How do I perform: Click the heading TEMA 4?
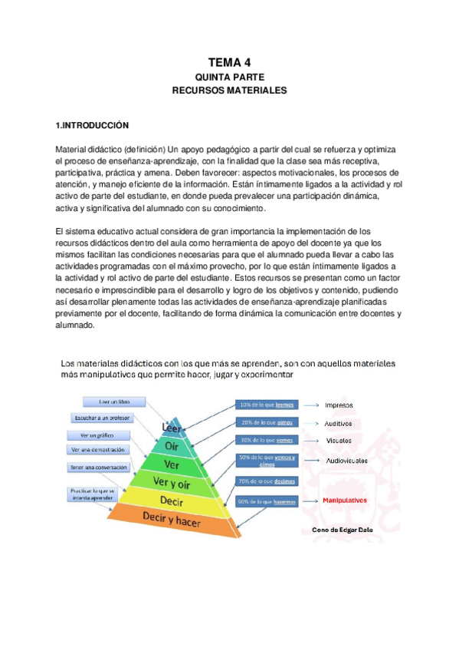[229, 63]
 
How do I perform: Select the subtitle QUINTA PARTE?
[229, 78]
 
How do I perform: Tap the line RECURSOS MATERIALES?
[229, 91]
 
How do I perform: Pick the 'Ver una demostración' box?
[100, 450]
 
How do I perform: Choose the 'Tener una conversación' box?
[98, 467]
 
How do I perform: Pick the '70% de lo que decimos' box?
[266, 481]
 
